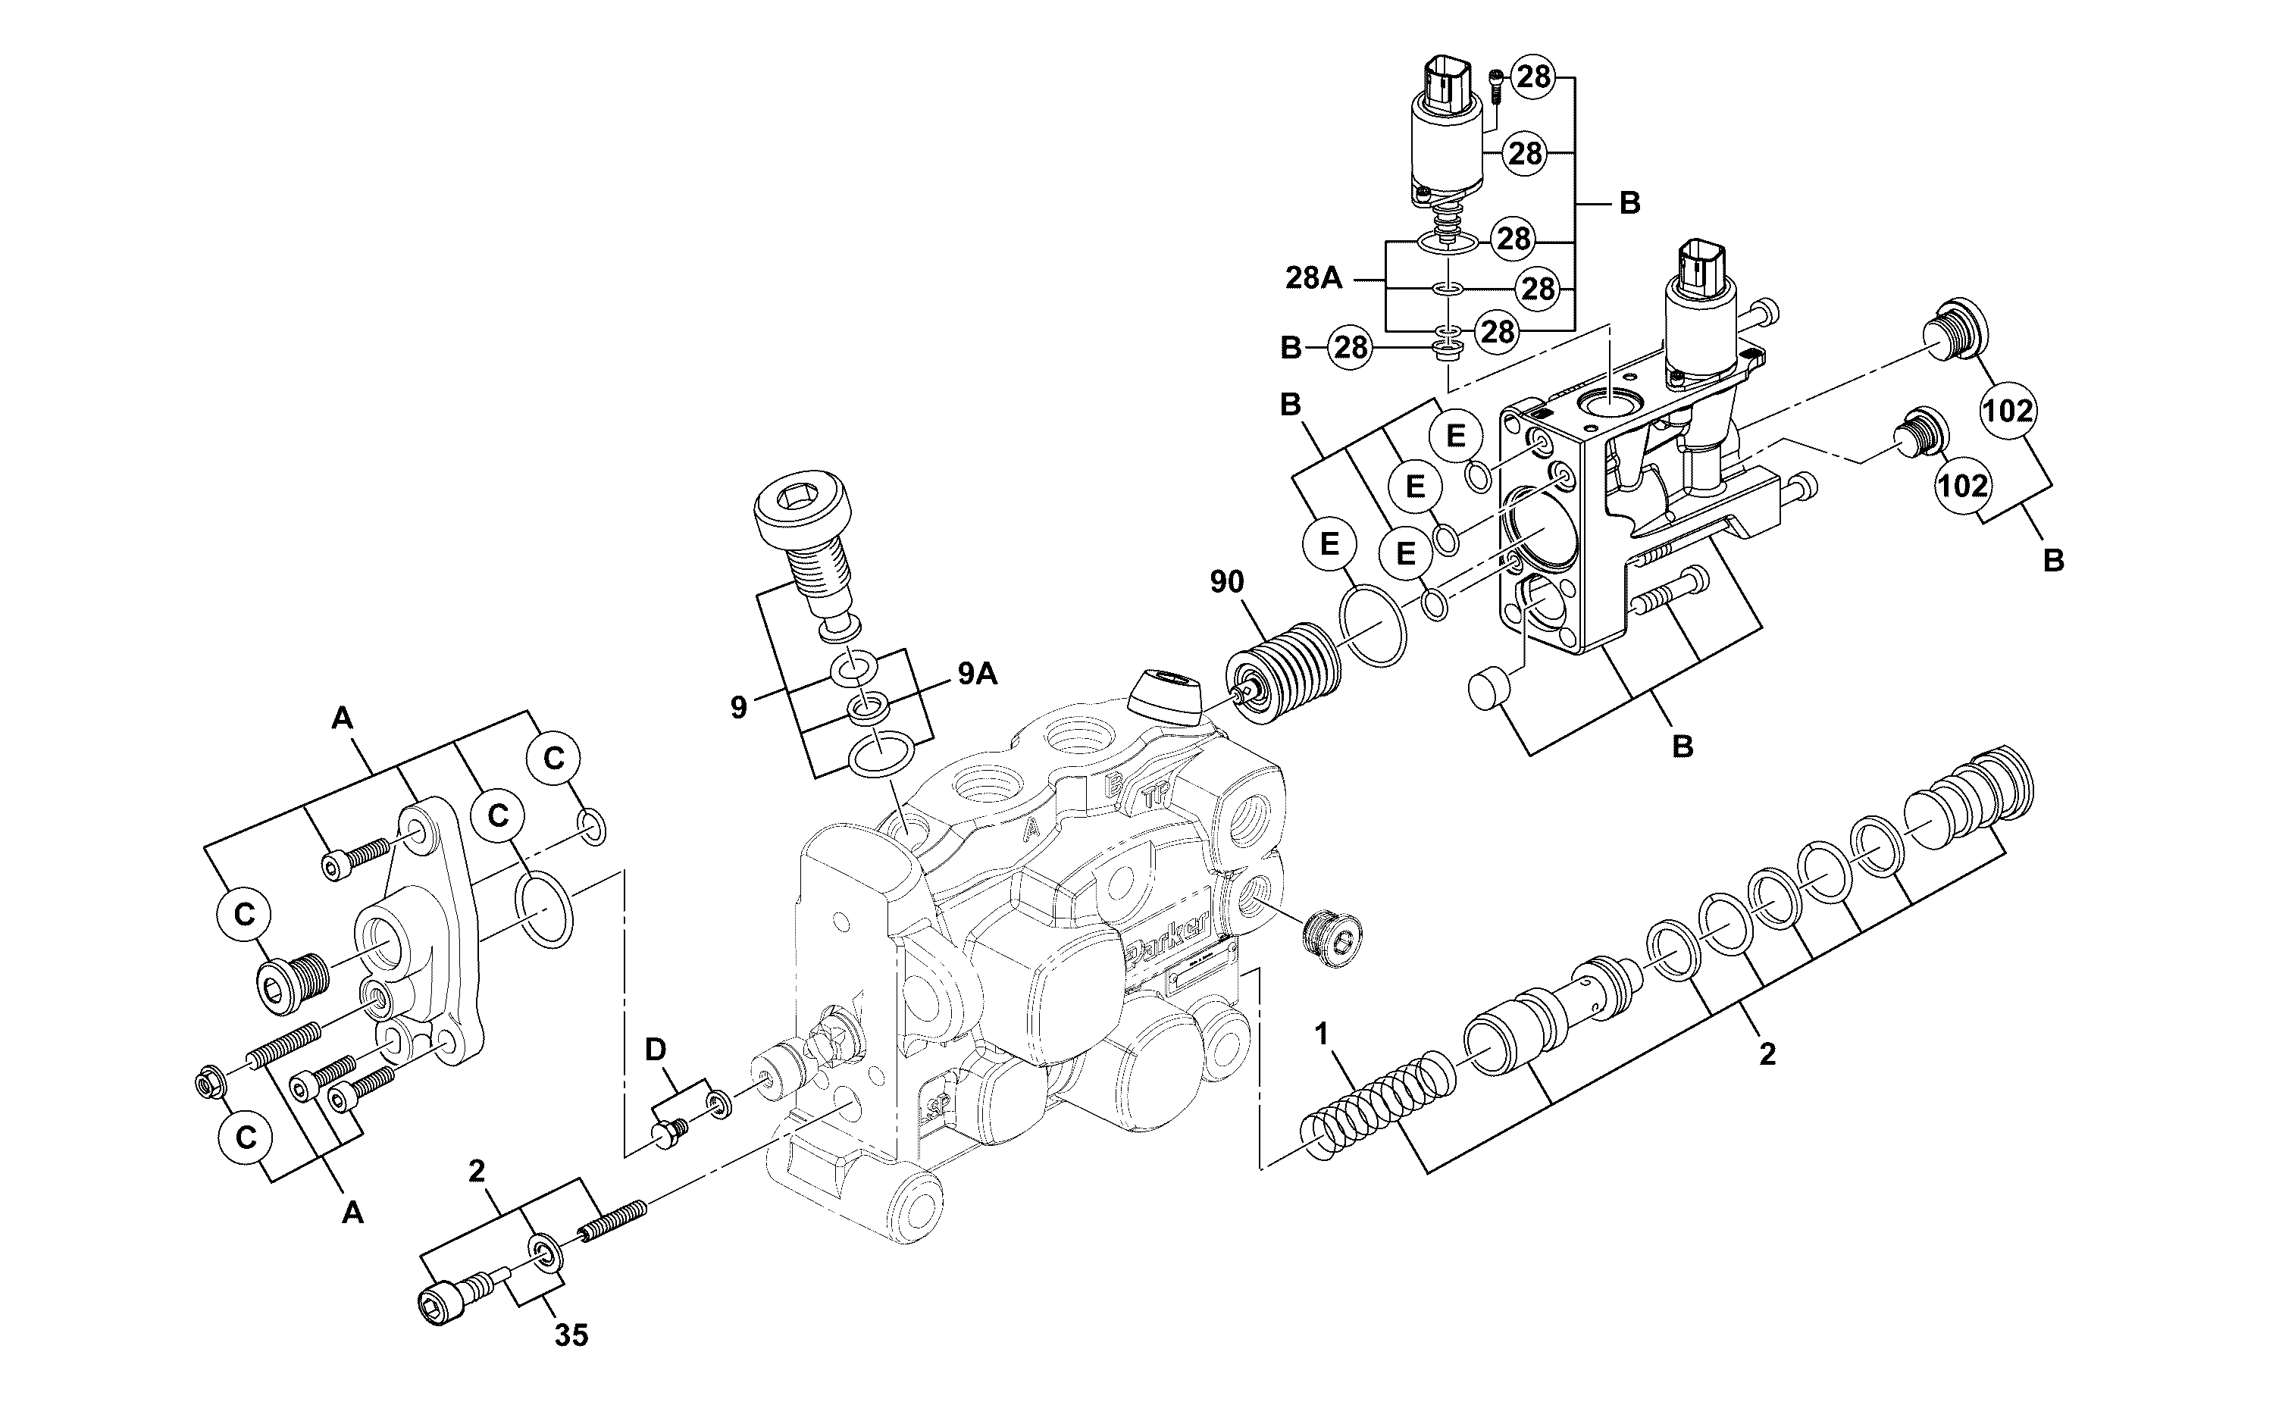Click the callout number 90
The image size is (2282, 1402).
1227,582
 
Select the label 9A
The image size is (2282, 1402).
978,674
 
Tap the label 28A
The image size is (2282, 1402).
1314,278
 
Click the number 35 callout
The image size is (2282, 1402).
571,1335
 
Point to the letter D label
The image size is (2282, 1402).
656,1050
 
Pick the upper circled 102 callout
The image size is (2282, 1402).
2008,410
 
